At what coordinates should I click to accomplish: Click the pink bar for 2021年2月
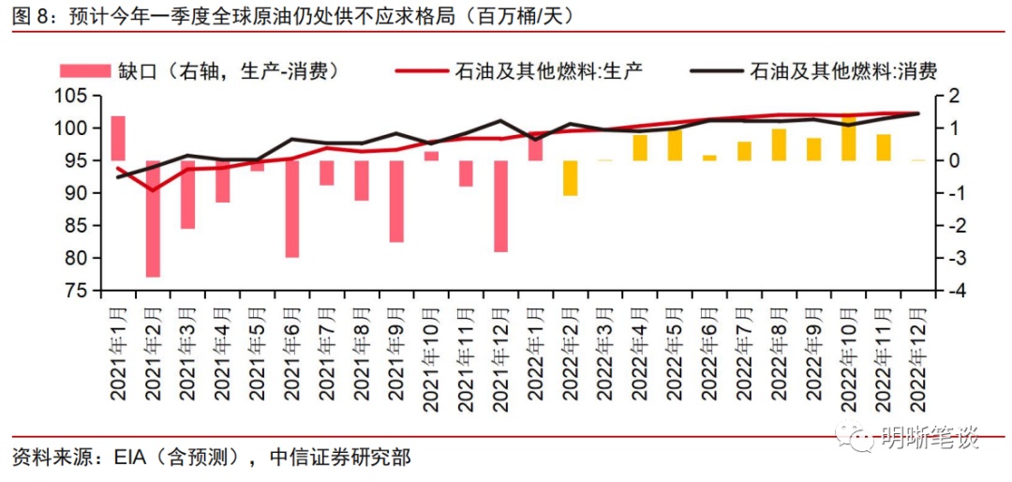tap(153, 218)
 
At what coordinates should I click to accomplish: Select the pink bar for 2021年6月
tap(292, 208)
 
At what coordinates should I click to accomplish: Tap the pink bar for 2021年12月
tap(501, 206)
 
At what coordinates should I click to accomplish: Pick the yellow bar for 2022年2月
tap(570, 178)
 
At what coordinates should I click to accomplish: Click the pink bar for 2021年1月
tap(118, 138)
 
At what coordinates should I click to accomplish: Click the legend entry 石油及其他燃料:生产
tap(548, 69)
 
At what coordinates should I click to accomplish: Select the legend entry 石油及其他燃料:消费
tap(843, 69)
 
